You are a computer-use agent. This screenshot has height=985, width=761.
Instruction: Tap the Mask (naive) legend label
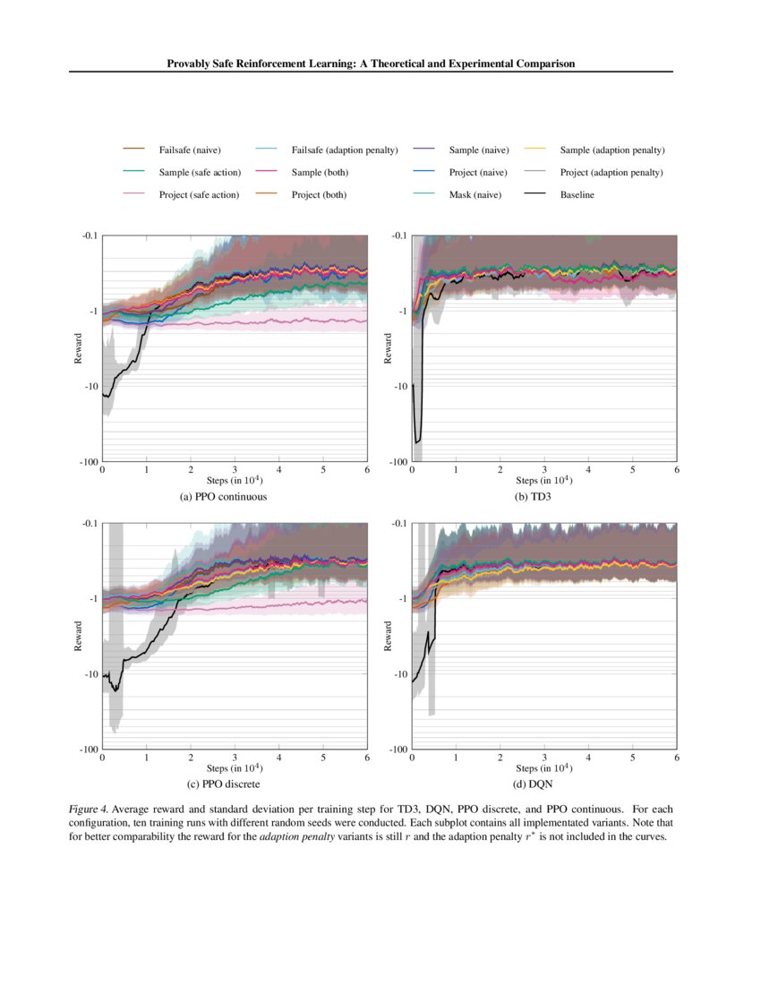coord(475,194)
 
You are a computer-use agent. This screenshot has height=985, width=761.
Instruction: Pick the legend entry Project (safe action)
coord(199,194)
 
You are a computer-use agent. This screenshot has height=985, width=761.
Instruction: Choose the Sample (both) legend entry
coord(319,172)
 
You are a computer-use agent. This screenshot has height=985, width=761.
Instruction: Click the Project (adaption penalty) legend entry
coord(611,172)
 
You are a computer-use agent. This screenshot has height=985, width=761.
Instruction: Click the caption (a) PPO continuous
coord(223,496)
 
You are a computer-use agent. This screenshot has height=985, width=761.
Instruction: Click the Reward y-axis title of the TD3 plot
coord(389,348)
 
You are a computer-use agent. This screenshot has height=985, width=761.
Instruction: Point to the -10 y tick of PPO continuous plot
coord(90,386)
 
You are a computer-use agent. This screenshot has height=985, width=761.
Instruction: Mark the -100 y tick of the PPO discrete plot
coord(89,749)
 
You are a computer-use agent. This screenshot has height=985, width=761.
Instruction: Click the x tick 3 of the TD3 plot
coord(544,470)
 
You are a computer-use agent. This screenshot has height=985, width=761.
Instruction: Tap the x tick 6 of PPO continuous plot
coord(367,470)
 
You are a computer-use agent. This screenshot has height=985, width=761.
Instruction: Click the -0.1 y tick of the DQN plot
coord(398,523)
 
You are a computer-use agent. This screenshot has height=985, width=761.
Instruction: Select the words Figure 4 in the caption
coord(89,809)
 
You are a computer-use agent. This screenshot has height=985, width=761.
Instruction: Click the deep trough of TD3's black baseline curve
coord(417,441)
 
